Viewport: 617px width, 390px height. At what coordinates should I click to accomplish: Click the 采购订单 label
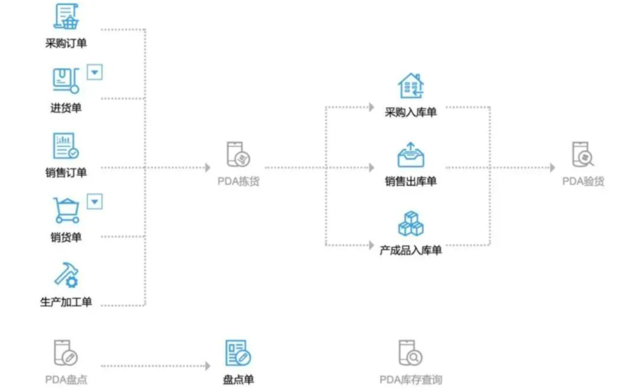[x=66, y=43]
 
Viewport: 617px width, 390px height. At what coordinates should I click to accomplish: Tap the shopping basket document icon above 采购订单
[x=66, y=16]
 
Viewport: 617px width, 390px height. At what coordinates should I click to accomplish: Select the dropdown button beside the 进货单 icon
[x=95, y=72]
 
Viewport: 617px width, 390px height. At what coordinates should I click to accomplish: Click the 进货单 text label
[x=66, y=108]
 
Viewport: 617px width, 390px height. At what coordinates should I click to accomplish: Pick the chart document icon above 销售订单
[x=66, y=146]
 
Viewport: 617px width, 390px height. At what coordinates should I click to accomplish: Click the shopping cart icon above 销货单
[x=66, y=210]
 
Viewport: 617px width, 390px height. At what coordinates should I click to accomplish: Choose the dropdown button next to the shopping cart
[x=95, y=202]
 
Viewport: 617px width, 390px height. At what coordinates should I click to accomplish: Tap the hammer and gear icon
[x=66, y=275]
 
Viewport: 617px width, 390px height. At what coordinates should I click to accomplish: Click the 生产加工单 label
[x=66, y=302]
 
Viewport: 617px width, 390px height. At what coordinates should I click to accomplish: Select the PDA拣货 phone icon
[x=238, y=155]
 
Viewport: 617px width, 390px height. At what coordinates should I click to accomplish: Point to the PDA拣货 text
[x=238, y=182]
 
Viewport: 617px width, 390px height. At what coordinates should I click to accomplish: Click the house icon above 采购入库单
[x=410, y=86]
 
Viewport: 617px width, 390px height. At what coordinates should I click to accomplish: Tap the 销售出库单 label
[x=410, y=182]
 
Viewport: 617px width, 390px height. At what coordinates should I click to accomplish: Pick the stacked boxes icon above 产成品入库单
[x=410, y=223]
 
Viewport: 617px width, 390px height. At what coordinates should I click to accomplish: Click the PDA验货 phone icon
[x=583, y=155]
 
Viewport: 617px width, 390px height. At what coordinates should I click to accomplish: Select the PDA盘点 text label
[x=66, y=379]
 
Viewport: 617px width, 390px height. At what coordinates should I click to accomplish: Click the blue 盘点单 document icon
[x=238, y=353]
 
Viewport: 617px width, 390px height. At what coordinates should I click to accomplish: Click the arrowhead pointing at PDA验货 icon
[x=552, y=168]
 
